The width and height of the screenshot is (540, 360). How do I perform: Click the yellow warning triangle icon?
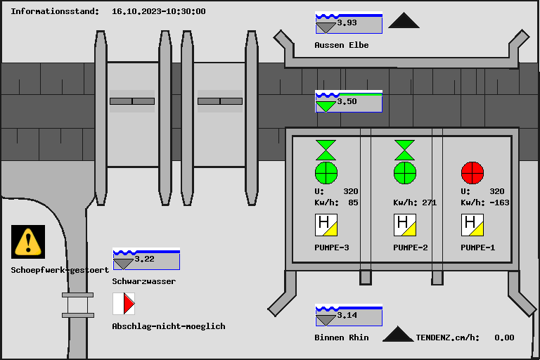tap(28, 241)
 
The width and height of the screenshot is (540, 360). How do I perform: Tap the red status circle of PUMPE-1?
tap(472, 172)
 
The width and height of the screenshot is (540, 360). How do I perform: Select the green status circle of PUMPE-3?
tap(326, 172)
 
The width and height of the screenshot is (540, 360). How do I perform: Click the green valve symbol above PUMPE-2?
tap(404, 150)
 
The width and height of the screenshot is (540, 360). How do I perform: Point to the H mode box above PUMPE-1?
tap(472, 225)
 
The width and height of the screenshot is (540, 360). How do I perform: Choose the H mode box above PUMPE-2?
tap(405, 225)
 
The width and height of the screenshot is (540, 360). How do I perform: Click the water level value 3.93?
tap(347, 23)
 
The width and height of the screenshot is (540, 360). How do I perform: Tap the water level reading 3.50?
tap(347, 102)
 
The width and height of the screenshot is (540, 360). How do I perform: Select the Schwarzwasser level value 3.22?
tap(145, 259)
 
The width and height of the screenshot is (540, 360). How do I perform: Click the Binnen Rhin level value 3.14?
tap(347, 316)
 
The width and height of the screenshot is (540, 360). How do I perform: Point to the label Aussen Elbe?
tap(342, 45)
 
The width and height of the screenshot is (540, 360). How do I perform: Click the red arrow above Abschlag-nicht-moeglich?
tap(128, 304)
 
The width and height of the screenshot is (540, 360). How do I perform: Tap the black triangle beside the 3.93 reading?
tap(404, 21)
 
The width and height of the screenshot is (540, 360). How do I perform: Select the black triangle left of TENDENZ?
tap(398, 335)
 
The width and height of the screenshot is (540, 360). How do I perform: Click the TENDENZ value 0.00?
tap(504, 337)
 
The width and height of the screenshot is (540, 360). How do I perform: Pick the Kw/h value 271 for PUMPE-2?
tap(429, 202)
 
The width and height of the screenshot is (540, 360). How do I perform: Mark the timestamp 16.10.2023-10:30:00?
tap(159, 11)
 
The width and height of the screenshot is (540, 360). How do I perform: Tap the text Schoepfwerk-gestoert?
tap(60, 270)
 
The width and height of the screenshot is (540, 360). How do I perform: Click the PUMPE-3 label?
tap(332, 247)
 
